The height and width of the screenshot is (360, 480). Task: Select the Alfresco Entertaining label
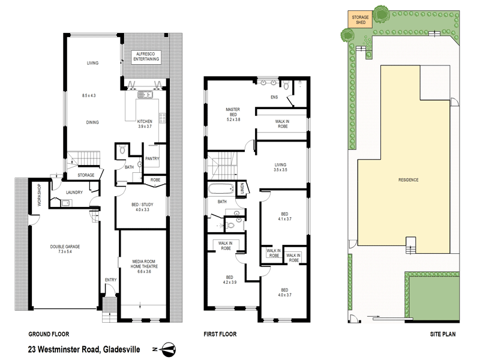pyautogui.click(x=146, y=57)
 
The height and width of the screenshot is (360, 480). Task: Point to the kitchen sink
pyautogui.click(x=145, y=94)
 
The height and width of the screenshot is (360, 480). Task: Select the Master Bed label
pyautogui.click(x=233, y=112)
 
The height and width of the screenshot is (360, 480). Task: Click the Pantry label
pyautogui.click(x=152, y=158)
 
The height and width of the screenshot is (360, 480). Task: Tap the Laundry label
pyautogui.click(x=66, y=193)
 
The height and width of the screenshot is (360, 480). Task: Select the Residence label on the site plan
pyautogui.click(x=408, y=180)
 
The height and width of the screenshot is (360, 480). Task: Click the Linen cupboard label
pyautogui.click(x=242, y=188)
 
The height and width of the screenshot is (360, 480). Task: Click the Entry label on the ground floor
pyautogui.click(x=110, y=279)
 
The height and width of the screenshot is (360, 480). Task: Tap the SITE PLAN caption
pyautogui.click(x=443, y=334)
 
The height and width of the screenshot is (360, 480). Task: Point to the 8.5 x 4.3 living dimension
pyautogui.click(x=92, y=95)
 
